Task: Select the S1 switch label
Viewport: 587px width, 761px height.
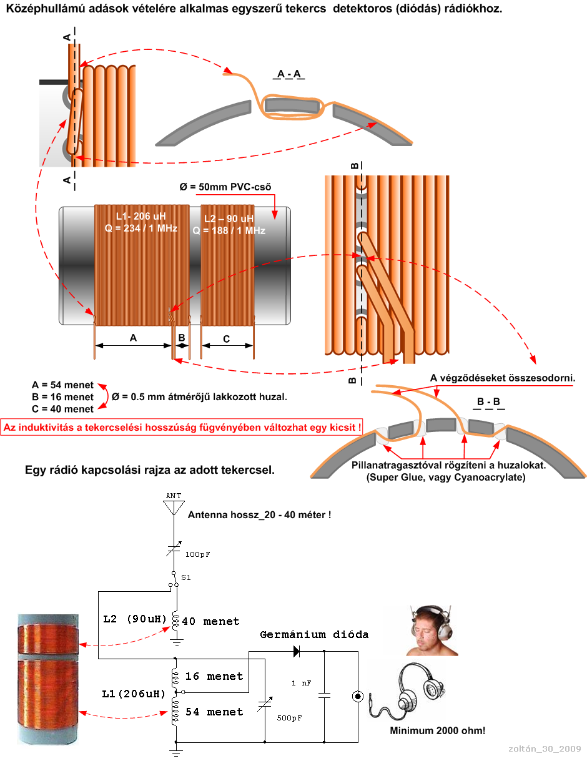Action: pyautogui.click(x=186, y=577)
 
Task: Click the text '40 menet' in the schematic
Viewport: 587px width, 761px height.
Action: pyautogui.click(x=211, y=622)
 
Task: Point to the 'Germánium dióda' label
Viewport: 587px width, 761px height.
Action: pyautogui.click(x=314, y=635)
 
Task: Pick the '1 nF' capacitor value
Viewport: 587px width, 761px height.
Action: pyautogui.click(x=302, y=684)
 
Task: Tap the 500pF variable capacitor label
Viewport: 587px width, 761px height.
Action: pyautogui.click(x=289, y=718)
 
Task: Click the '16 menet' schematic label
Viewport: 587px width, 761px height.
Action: pyautogui.click(x=214, y=676)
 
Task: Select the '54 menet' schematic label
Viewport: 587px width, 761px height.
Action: pyautogui.click(x=214, y=712)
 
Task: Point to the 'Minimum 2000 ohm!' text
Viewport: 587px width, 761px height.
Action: pyautogui.click(x=437, y=730)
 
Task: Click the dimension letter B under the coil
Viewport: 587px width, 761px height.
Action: pyautogui.click(x=182, y=338)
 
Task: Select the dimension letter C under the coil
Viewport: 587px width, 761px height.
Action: pyautogui.click(x=226, y=339)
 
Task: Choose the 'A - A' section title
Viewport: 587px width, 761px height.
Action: pyautogui.click(x=289, y=74)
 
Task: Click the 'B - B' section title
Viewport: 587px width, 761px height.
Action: pyautogui.click(x=488, y=401)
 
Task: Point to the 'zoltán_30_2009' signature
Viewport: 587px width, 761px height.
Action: pyautogui.click(x=545, y=749)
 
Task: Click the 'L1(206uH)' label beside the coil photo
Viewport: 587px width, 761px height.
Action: pyautogui.click(x=134, y=694)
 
